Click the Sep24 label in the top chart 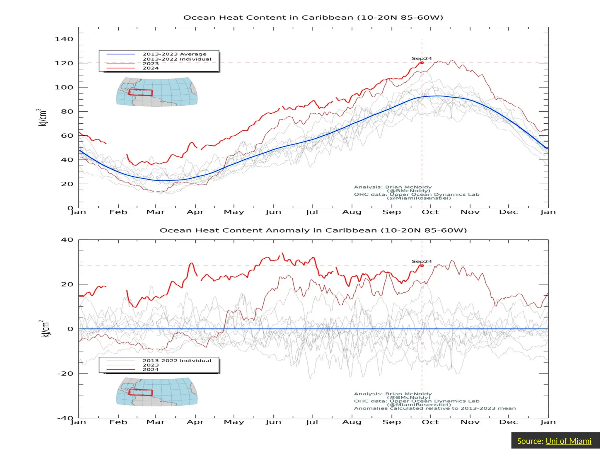(x=422, y=59)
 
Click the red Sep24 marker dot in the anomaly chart (x=422, y=265)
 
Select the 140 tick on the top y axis (x=64, y=39)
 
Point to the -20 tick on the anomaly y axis (x=65, y=374)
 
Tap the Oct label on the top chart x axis (x=430, y=212)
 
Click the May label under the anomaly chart (x=234, y=422)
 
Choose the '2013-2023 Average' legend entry (x=174, y=54)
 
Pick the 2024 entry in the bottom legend (x=151, y=369)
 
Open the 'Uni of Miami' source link (x=568, y=441)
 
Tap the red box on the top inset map (x=141, y=93)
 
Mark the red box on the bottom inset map (x=141, y=392)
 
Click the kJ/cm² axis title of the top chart (x=43, y=117)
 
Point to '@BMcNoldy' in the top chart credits (x=409, y=191)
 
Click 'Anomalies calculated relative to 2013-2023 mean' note (x=435, y=408)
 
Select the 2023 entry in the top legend (x=151, y=64)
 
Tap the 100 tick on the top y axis (x=64, y=87)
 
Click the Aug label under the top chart (x=352, y=212)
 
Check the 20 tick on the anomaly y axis (x=67, y=284)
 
